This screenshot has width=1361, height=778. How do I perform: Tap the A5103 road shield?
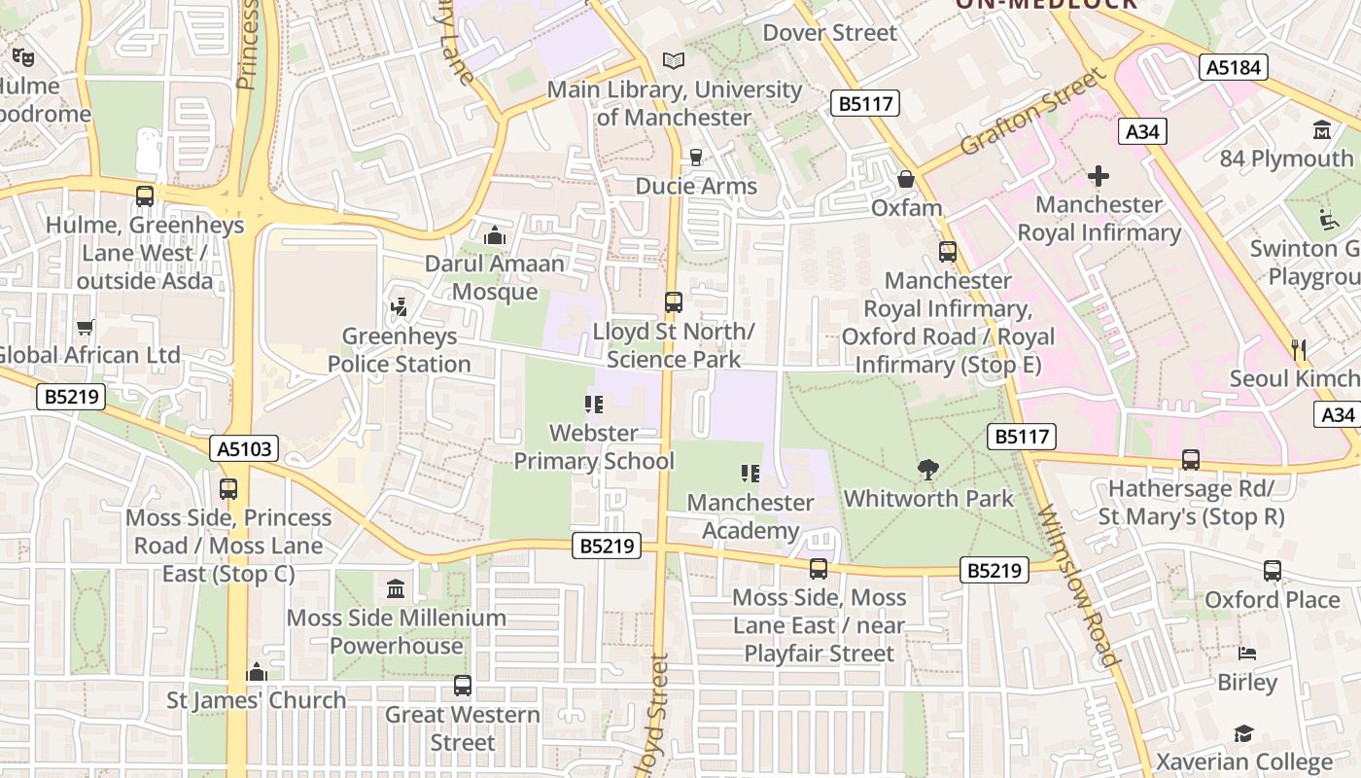[245, 448]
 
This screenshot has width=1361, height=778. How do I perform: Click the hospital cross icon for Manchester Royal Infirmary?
[1099, 176]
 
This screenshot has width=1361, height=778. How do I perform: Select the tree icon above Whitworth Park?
[928, 470]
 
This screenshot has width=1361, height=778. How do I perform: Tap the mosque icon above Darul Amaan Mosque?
[495, 235]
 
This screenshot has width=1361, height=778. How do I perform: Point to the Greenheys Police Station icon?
[398, 308]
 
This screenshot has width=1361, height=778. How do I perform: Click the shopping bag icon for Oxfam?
[906, 179]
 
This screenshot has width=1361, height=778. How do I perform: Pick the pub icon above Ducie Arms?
[695, 157]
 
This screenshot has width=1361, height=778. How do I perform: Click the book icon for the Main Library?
[674, 60]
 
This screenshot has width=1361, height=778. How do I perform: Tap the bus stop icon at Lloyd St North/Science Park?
[674, 302]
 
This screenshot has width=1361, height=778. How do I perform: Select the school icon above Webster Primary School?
[593, 405]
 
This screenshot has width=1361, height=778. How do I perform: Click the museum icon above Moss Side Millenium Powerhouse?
[396, 589]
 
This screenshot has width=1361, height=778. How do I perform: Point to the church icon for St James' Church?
[257, 672]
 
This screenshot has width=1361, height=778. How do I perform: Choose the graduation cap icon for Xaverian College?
[1243, 733]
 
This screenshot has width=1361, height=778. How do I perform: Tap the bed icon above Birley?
[1247, 654]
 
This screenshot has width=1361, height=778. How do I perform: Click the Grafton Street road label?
[1032, 111]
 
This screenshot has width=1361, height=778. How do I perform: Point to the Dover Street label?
[829, 32]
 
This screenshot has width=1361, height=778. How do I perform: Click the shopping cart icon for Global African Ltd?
[86, 327]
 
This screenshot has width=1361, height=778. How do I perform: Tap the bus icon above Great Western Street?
[463, 686]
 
